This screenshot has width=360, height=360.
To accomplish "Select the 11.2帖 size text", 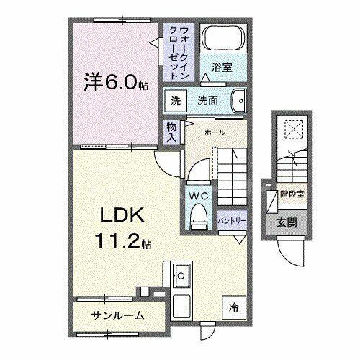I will pyautogui.click(x=120, y=243).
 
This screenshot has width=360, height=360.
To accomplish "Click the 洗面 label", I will pyautogui.click(x=209, y=102).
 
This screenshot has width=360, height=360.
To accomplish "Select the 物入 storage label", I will pyautogui.click(x=171, y=130).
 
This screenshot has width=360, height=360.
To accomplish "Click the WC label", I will pyautogui.click(x=198, y=194).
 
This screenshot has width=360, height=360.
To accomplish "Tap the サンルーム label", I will pyautogui.click(x=117, y=315).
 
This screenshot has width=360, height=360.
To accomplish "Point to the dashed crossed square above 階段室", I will pyautogui.click(x=292, y=128).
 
